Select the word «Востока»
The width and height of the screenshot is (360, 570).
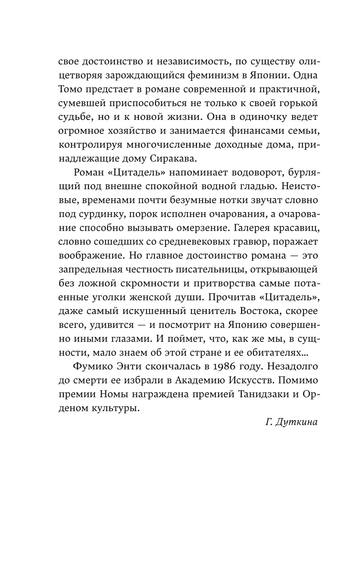[x=255, y=310]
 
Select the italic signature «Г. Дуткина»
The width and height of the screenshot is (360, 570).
[x=291, y=422]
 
